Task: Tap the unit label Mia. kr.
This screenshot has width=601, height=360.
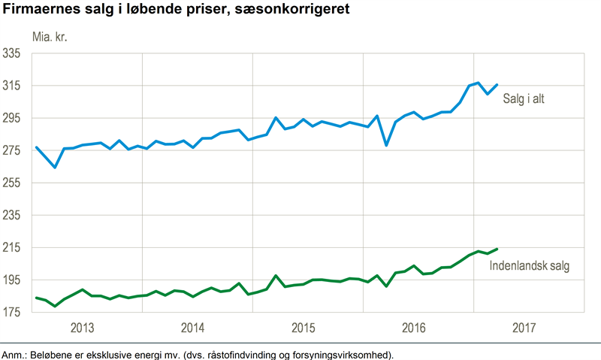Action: click(49, 35)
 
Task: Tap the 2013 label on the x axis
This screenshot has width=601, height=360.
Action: click(82, 328)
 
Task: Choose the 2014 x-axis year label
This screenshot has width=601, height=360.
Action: click(193, 328)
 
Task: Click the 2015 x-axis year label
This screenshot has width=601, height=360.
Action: click(304, 328)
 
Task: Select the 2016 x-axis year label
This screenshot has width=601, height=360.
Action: click(414, 328)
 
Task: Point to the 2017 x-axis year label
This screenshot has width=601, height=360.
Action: click(525, 328)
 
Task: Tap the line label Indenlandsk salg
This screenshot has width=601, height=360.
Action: click(530, 266)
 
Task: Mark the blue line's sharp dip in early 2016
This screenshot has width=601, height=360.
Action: click(386, 145)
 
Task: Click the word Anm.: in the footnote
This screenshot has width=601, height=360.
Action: click(14, 354)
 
